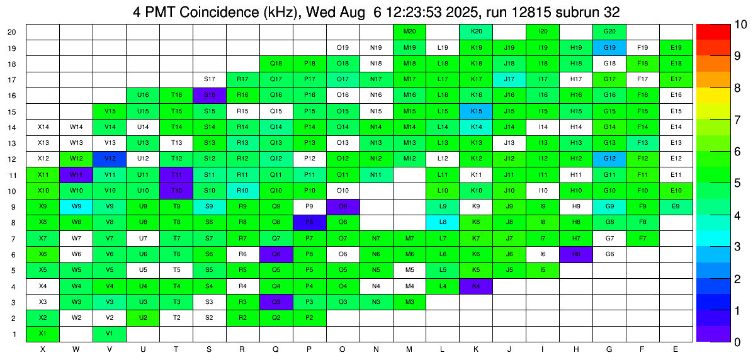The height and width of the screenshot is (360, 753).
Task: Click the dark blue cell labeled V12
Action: (110, 159)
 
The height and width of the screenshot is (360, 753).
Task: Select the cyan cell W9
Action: (76, 206)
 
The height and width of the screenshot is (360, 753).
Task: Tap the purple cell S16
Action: (210, 95)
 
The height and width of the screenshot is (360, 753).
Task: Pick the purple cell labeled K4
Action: (477, 286)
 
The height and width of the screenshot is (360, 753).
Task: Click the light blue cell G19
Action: (609, 47)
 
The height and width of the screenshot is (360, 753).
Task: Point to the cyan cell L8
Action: (443, 222)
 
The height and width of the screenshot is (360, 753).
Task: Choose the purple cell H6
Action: (576, 254)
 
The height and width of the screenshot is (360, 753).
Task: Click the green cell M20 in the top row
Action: (410, 31)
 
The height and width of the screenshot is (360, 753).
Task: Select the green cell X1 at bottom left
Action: (43, 334)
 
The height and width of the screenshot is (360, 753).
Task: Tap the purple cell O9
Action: (343, 206)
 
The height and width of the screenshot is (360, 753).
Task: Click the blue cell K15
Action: (477, 111)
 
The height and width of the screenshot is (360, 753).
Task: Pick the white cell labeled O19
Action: (343, 47)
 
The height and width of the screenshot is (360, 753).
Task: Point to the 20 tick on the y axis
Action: (12, 31)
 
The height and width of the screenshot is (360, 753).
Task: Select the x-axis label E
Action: (676, 349)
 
